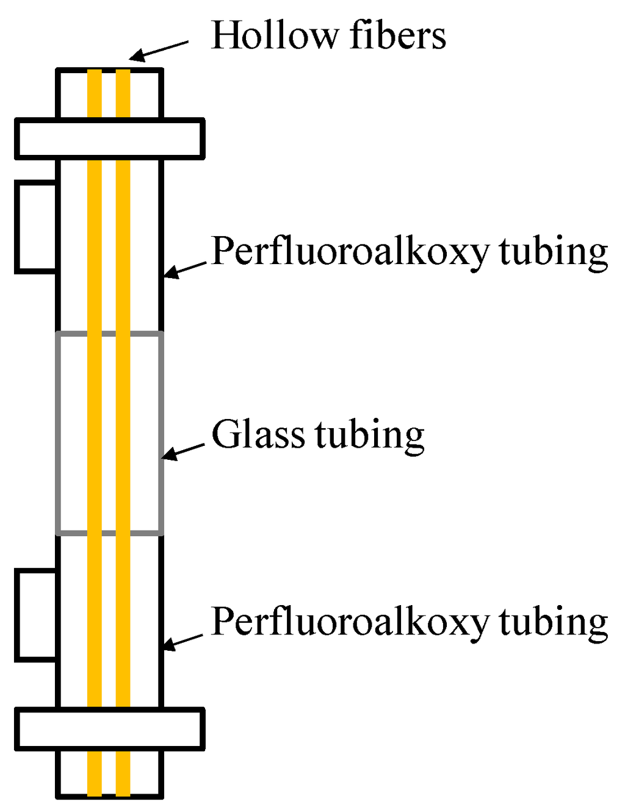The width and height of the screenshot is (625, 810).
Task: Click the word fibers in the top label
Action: click(x=398, y=35)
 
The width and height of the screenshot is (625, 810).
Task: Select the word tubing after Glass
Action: click(x=370, y=435)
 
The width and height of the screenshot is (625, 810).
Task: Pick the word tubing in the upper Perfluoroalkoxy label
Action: click(x=554, y=251)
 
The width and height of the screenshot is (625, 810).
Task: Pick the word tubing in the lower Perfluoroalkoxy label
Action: click(x=554, y=622)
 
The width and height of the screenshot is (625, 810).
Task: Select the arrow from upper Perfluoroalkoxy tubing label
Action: click(x=186, y=270)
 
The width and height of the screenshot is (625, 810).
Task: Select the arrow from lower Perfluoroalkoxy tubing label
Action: click(x=183, y=641)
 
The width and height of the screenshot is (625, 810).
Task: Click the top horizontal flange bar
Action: click(x=110, y=138)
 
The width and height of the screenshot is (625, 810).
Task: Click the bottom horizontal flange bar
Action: click(x=110, y=729)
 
